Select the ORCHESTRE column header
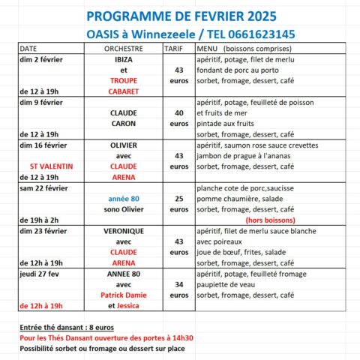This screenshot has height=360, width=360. pos(124,47)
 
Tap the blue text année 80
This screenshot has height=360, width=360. pos(124,199)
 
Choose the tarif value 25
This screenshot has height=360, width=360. pos(178,199)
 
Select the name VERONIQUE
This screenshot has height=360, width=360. pos(124,231)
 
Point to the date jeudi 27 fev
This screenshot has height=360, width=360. pos(40,274)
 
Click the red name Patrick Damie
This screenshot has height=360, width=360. pos(124,295)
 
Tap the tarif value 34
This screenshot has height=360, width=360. pos(178,285)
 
